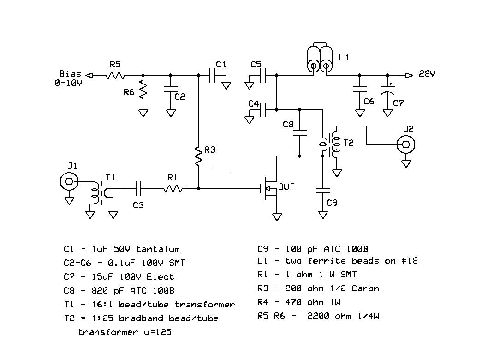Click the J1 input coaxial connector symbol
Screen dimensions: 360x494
pos(69,182)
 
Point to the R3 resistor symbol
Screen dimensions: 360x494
pos(198,156)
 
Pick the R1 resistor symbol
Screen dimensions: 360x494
pos(173,188)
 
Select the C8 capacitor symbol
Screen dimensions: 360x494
pos(300,133)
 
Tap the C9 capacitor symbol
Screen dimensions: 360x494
pos(323,190)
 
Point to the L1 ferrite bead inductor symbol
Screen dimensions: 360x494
pos(320,59)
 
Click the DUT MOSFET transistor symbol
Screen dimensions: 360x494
pos(270,188)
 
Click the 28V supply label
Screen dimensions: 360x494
pos(427,74)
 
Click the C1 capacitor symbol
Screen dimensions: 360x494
pos(213,75)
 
